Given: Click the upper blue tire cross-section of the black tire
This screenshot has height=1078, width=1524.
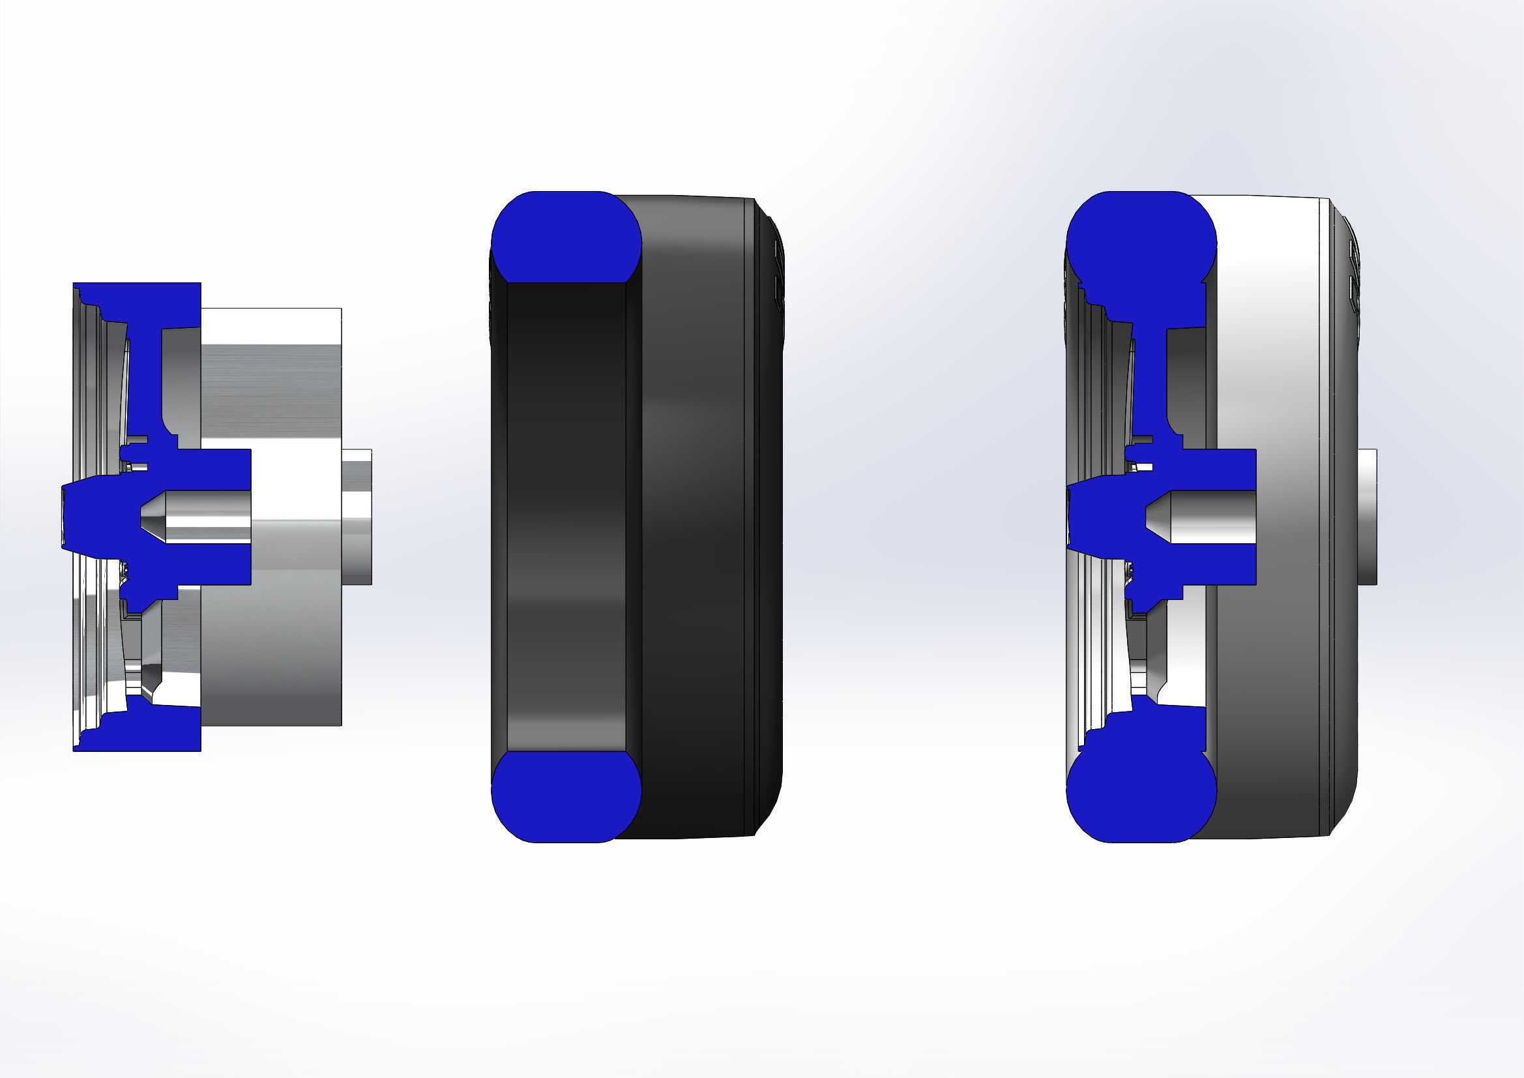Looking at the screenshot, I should [566, 237].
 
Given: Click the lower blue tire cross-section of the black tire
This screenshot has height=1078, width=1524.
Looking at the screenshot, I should [566, 796].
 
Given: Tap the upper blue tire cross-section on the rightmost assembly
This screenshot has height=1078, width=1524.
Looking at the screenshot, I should [1140, 239].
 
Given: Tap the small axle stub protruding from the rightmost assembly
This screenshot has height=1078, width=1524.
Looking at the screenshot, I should [1367, 517].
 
